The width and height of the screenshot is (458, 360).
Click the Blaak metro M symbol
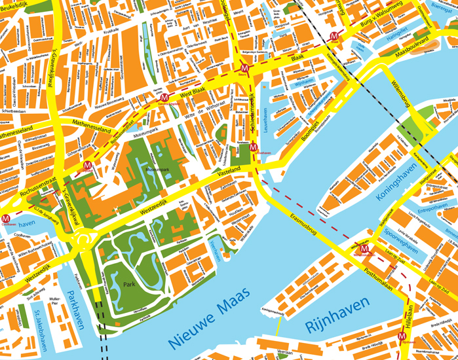[334, 36]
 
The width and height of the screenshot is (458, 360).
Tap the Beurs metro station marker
[244, 68]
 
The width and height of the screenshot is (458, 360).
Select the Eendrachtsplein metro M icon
[164, 98]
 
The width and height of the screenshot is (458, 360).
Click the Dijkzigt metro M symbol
[88, 166]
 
